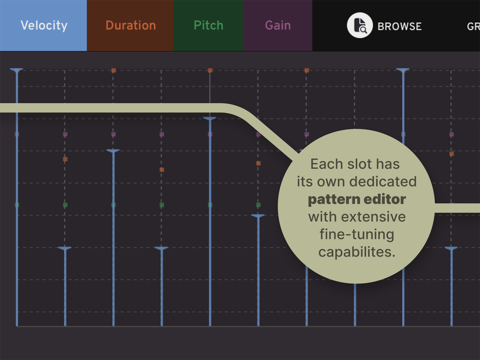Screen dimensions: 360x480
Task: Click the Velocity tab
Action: pos(44,25)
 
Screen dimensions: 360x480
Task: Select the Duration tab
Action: pos(130,25)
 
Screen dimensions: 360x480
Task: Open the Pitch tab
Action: pos(208,25)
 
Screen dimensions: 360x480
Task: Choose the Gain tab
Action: pos(277,25)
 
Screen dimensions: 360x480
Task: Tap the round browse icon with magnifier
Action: pos(360,25)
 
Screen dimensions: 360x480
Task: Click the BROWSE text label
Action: pos(399,26)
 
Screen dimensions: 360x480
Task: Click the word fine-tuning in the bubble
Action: pos(356,234)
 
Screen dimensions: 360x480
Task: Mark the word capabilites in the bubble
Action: pos(356,252)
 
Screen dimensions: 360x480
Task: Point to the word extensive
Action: pos(374,217)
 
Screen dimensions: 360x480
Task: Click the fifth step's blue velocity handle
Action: pos(210,118)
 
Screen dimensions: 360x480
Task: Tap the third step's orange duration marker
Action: pos(113,70)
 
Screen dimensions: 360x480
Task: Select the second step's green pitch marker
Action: pos(65,205)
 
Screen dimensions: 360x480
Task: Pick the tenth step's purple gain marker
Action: pos(451,135)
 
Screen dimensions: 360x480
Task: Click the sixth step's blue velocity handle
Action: pos(258,216)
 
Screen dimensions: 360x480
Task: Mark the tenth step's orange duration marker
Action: pos(451,154)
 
